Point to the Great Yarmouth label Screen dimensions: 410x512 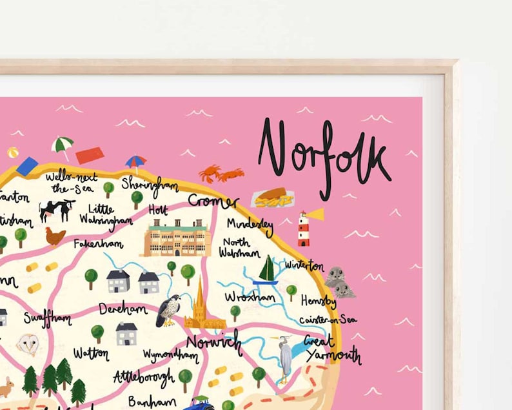(331, 348)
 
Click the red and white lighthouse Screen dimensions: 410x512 (304, 229)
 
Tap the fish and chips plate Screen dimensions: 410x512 (272, 197)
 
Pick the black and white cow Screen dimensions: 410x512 (56, 209)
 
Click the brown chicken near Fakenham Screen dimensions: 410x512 (55, 236)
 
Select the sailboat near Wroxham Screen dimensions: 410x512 (266, 270)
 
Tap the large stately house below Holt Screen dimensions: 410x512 (178, 237)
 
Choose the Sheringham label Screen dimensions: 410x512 (150, 183)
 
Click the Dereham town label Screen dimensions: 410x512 (123, 309)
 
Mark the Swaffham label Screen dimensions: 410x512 (48, 318)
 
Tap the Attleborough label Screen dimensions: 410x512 (143, 376)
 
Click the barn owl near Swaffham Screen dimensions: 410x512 (28, 343)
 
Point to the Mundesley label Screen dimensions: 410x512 (250, 225)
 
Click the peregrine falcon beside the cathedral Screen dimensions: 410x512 (169, 309)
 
